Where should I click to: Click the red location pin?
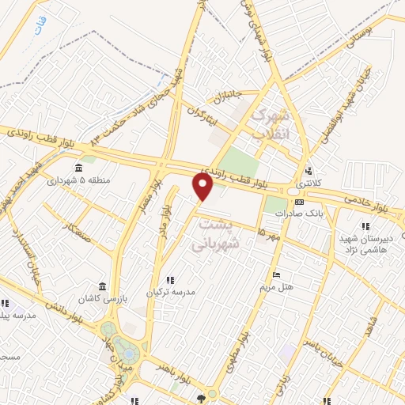pos(203,187)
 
